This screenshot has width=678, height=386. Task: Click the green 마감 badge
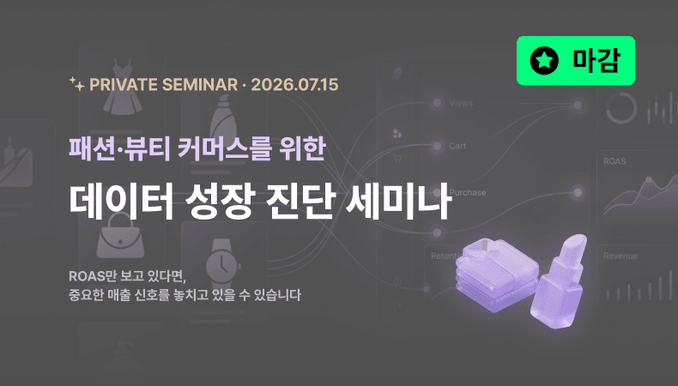click(576, 61)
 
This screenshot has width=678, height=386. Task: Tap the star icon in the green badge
click(544, 61)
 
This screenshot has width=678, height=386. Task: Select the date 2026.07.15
click(294, 85)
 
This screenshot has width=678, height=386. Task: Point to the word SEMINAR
click(200, 85)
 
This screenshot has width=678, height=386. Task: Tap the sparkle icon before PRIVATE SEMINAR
click(76, 83)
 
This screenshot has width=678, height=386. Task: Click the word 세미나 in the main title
click(399, 201)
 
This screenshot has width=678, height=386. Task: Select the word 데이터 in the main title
click(122, 201)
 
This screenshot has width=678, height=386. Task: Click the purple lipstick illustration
click(559, 281)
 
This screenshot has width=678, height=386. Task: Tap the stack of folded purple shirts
click(496, 274)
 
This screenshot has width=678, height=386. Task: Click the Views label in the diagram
click(461, 103)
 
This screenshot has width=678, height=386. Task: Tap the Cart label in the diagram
click(457, 146)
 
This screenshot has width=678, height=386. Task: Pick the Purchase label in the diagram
click(468, 193)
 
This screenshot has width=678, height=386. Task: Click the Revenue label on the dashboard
click(620, 256)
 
